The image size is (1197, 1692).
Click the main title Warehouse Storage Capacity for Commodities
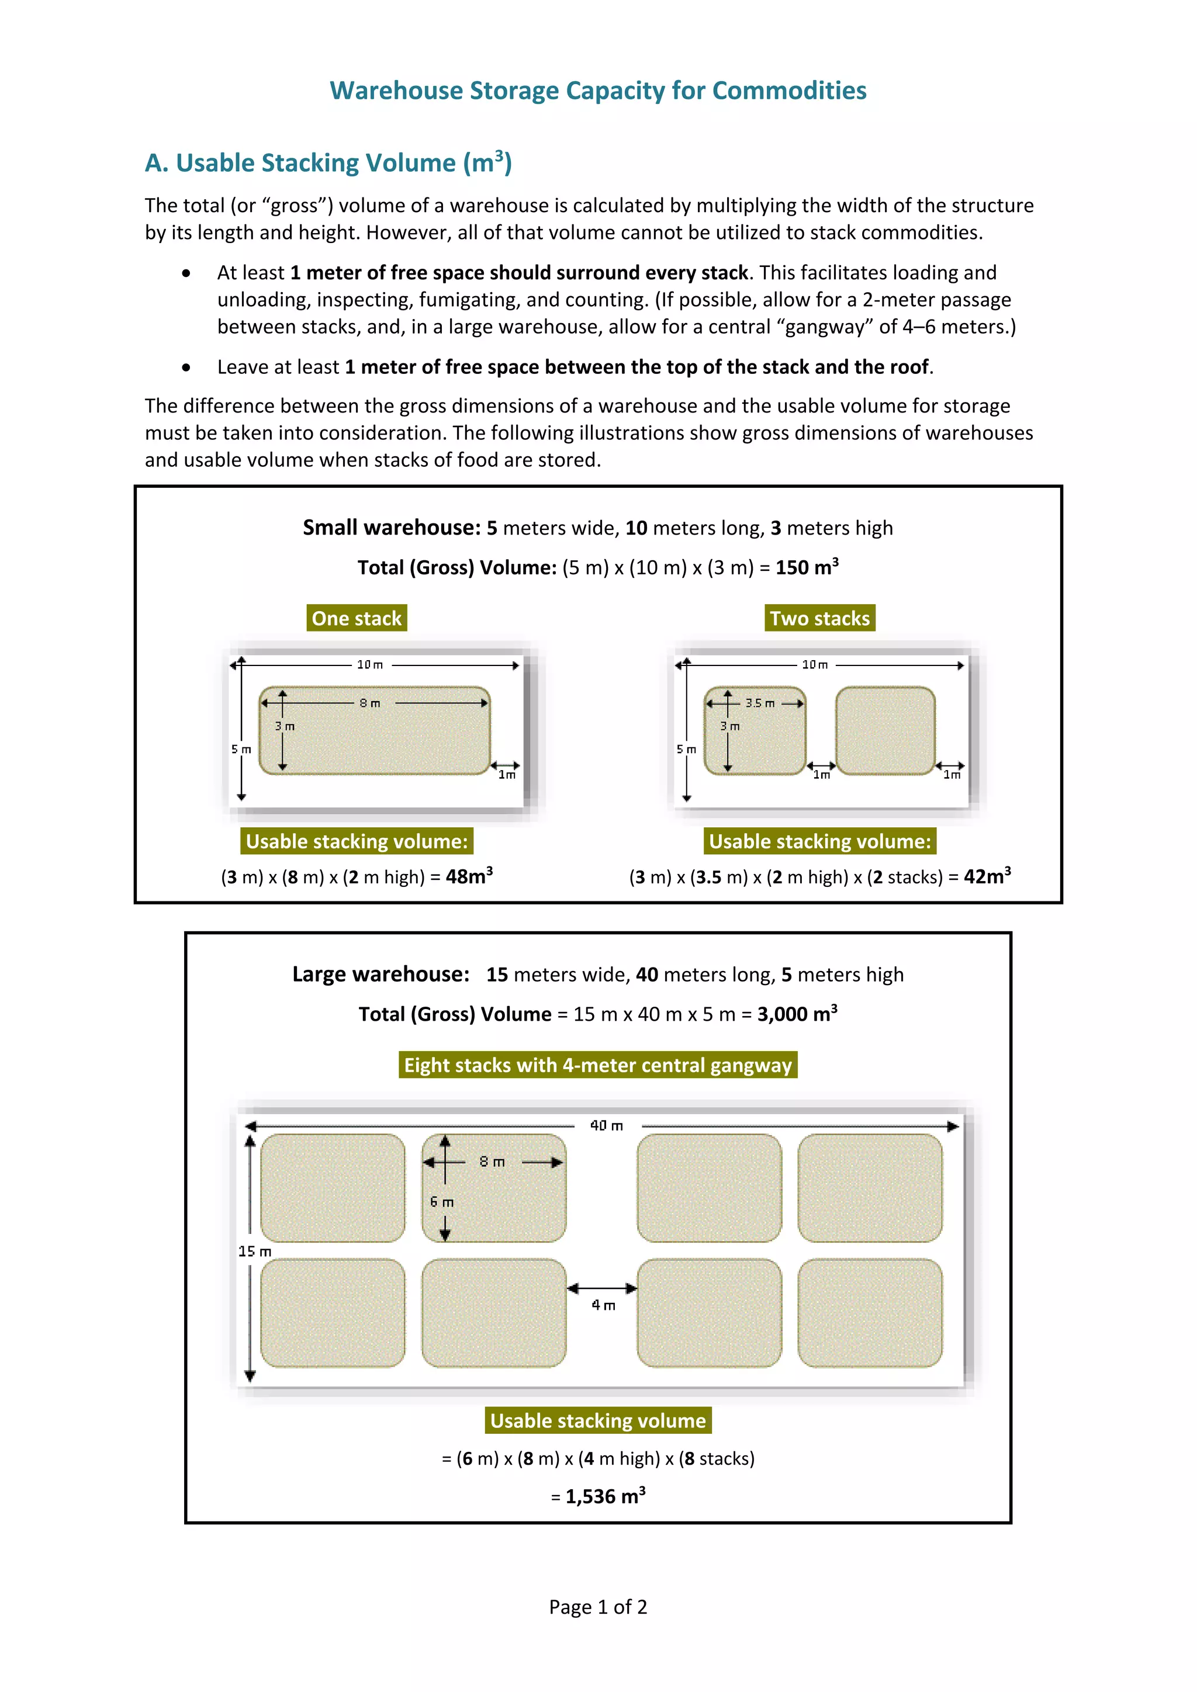(598, 91)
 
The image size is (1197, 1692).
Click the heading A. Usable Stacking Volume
(328, 163)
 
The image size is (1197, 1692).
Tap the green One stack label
(357, 618)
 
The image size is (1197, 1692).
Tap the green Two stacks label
(819, 618)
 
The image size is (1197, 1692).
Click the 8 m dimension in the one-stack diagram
(370, 703)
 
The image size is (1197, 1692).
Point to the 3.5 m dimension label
(760, 703)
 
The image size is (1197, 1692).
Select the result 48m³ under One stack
(469, 877)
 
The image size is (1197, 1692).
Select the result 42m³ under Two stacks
(987, 877)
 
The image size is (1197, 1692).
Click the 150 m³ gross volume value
(807, 567)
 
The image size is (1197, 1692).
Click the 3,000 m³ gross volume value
(797, 1014)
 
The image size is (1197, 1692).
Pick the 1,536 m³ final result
(604, 1497)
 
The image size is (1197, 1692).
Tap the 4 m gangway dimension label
(603, 1305)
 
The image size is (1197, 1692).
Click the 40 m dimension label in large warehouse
(607, 1125)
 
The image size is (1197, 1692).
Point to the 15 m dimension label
(255, 1251)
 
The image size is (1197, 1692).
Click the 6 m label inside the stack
(442, 1202)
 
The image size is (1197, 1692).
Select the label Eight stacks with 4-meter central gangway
(598, 1065)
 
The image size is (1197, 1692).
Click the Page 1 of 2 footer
(598, 1607)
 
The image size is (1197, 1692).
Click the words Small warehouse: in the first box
(392, 528)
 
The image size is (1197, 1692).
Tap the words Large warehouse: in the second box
(380, 974)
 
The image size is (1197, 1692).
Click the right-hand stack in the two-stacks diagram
(885, 730)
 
